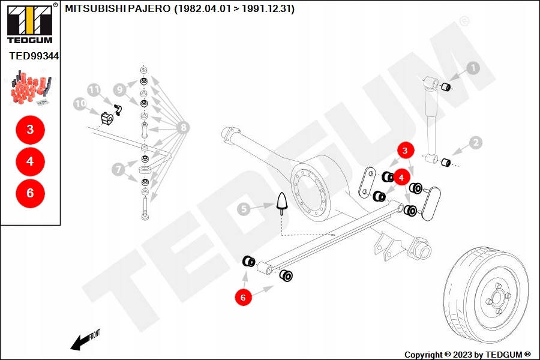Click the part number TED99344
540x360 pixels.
pyautogui.click(x=34, y=56)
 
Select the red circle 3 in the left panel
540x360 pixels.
pyautogui.click(x=30, y=129)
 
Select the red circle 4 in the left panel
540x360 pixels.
pyautogui.click(x=30, y=161)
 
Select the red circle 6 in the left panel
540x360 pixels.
pyautogui.click(x=30, y=193)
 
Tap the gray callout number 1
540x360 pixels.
pyautogui.click(x=473, y=68)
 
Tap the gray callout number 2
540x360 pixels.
pyautogui.click(x=475, y=143)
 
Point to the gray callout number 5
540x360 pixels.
pyautogui.click(x=243, y=209)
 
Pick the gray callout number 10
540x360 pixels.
pyautogui.click(x=80, y=104)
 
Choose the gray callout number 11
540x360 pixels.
pyautogui.click(x=94, y=90)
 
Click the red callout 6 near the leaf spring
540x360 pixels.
pyautogui.click(x=243, y=296)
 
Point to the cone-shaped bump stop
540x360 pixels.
pyautogui.click(x=282, y=203)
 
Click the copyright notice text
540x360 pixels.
pyautogui.click(x=467, y=355)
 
